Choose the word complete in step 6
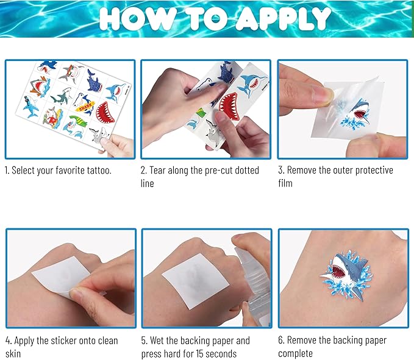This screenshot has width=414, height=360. pos(298,353)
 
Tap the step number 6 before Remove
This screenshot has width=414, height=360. pos(281,341)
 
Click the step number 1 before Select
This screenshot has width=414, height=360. pos(7,171)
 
